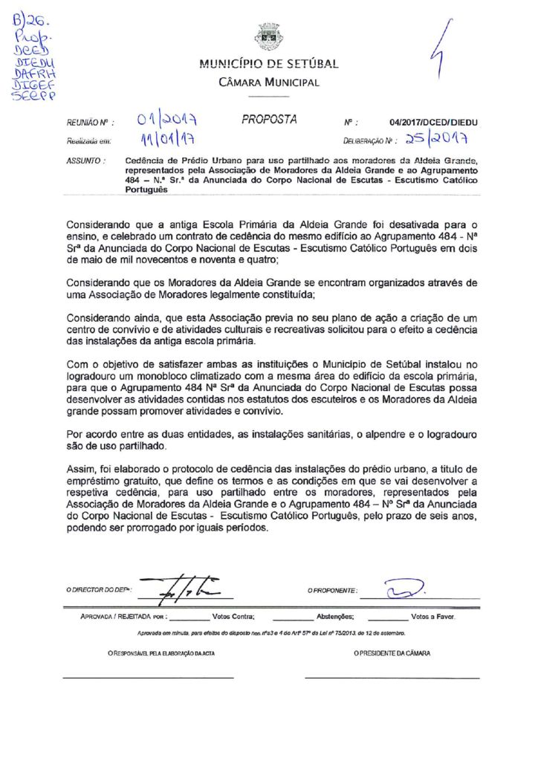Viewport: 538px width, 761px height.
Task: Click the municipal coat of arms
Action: pos(268,36)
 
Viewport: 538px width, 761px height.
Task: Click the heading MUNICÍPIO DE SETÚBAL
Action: pos(269,64)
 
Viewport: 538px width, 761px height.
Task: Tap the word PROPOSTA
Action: pos(269,119)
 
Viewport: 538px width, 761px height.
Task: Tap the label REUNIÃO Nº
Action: pos(88,122)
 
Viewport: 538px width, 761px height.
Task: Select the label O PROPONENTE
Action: pos(332,591)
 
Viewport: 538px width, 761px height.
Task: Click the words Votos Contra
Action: pos(233,617)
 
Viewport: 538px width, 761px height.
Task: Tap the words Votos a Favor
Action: pos(433,617)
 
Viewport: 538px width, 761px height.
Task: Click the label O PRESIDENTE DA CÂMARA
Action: pos(392,653)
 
